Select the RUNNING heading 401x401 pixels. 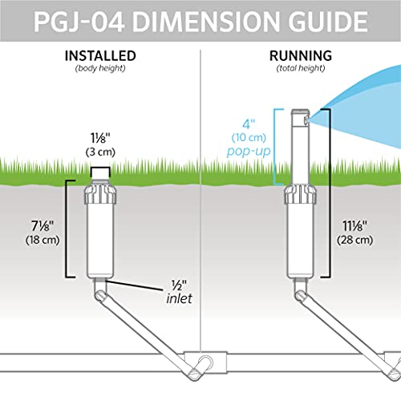point(299,56)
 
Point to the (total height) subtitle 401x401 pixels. point(299,69)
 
